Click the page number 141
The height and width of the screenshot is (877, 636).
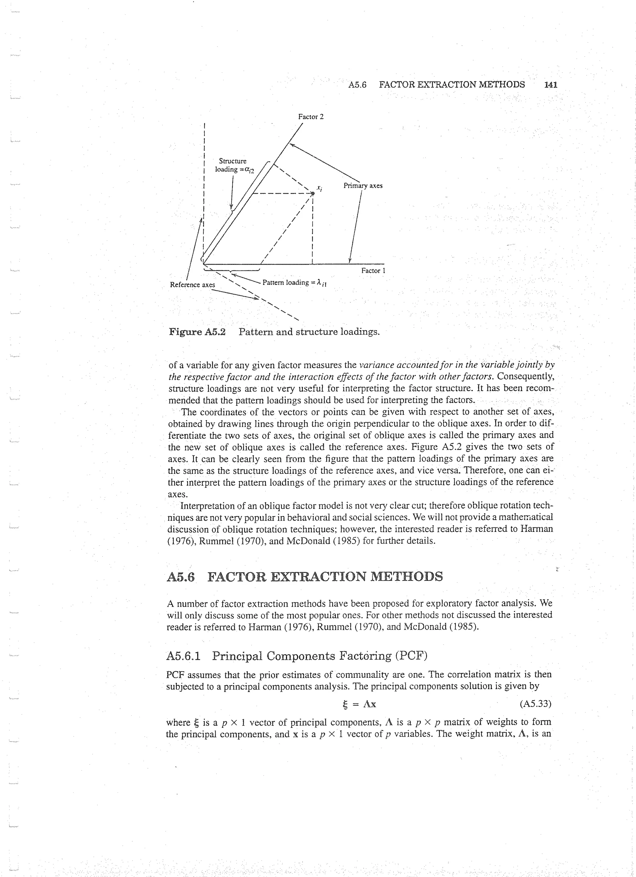(x=550, y=85)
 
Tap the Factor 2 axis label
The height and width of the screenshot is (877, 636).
(x=311, y=117)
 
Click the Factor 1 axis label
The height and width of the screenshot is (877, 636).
(x=373, y=271)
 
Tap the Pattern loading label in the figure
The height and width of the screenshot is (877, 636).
(x=294, y=283)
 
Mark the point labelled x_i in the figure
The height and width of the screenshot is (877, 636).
(x=313, y=193)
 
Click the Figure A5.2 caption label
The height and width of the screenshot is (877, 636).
(x=197, y=332)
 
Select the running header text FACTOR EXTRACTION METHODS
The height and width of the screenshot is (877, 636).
(x=452, y=85)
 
